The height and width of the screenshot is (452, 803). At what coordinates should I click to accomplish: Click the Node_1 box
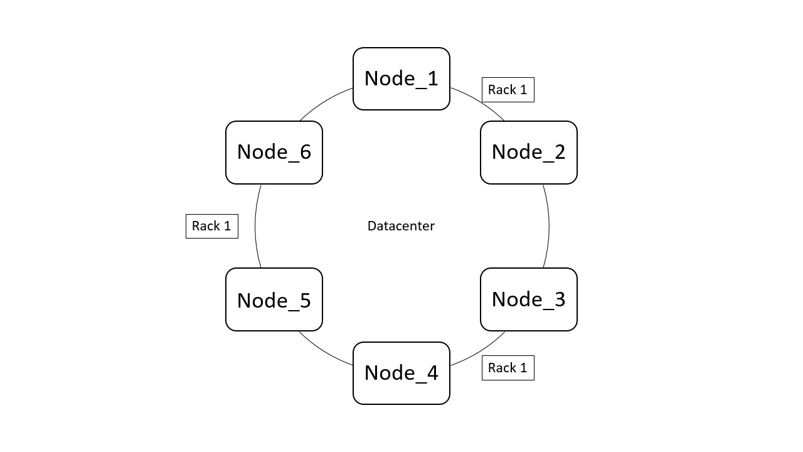click(x=401, y=78)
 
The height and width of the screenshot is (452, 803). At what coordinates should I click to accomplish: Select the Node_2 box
click(x=528, y=152)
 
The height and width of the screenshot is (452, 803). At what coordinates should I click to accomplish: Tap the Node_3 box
click(x=528, y=299)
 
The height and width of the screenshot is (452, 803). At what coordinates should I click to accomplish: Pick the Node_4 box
click(x=401, y=373)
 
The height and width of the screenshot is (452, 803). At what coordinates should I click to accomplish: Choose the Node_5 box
click(x=274, y=299)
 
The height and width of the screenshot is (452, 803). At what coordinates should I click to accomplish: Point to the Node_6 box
click(x=274, y=152)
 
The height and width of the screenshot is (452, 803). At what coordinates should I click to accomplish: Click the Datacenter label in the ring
click(x=401, y=226)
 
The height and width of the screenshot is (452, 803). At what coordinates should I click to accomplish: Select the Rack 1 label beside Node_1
click(x=508, y=90)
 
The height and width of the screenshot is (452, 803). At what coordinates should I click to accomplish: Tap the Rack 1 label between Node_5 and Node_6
click(x=211, y=226)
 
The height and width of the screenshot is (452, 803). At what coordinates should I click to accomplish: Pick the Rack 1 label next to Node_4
click(x=508, y=368)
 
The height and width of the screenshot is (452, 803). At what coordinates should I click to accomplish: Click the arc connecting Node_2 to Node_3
click(x=549, y=226)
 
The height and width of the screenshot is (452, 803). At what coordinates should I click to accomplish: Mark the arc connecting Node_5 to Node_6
click(x=255, y=226)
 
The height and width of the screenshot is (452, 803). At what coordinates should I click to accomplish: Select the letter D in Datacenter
click(x=371, y=226)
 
